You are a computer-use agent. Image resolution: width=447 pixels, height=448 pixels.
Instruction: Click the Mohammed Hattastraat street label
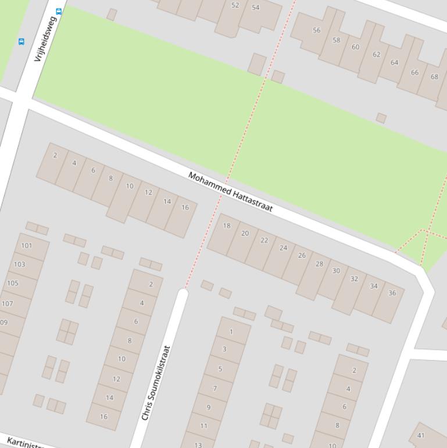coord(230,192)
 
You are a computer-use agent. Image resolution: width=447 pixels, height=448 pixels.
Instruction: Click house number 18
coord(227,226)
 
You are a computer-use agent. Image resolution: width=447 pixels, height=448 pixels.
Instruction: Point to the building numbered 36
coord(392,293)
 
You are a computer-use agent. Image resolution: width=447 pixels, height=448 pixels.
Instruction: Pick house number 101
coord(27,246)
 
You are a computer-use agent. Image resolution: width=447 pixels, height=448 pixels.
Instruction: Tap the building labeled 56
coord(316,30)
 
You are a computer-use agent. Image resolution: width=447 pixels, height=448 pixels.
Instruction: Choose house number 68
coord(434,77)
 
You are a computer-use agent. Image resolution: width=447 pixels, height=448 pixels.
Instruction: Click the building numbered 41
coord(421,435)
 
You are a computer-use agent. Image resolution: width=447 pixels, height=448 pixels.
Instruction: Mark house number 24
coord(283,248)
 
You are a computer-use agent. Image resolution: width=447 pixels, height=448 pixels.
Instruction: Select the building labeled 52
coord(235,5)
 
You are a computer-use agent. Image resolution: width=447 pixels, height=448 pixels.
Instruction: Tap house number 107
coord(8,304)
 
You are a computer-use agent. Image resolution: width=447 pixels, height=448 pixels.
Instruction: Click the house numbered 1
coord(231,332)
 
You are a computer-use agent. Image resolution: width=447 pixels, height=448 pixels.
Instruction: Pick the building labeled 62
coord(376,55)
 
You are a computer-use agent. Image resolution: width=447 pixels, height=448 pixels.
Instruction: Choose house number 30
coord(336,271)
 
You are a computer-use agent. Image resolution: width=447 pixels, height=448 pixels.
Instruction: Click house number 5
coord(220,369)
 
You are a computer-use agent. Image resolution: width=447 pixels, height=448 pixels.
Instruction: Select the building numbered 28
coord(319,264)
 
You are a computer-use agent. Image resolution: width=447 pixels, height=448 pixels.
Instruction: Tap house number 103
coord(20,264)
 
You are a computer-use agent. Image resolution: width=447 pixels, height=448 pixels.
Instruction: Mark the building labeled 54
coord(256,8)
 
